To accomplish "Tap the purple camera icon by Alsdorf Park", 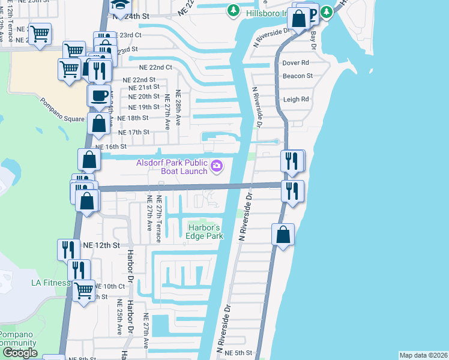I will [x=217, y=166].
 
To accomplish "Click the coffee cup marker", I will [x=100, y=95].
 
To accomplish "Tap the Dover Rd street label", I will [x=295, y=62].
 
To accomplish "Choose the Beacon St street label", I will [x=298, y=76].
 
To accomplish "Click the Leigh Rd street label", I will [x=296, y=99].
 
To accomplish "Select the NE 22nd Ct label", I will [x=155, y=68].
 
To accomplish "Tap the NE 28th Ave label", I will [x=178, y=105].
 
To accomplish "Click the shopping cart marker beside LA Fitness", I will [x=84, y=291].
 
